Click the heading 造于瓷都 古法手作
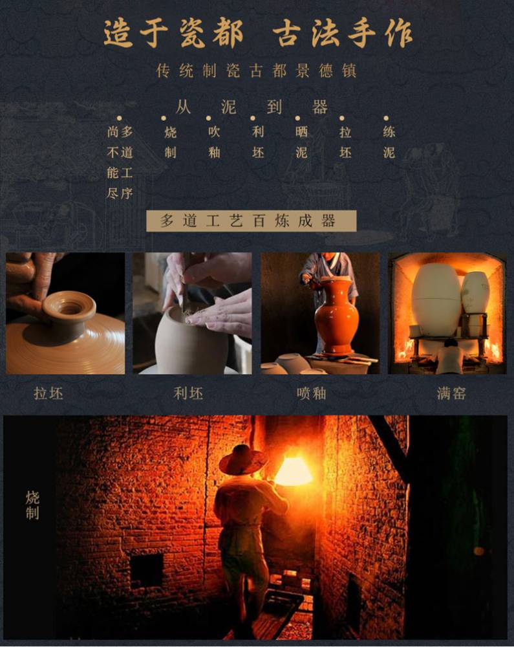click(x=257, y=33)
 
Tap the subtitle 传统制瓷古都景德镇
click(x=256, y=71)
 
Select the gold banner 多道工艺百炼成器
click(x=251, y=221)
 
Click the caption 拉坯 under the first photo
click(x=48, y=393)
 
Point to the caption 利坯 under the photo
click(x=188, y=393)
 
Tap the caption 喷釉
click(x=312, y=393)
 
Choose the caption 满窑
click(x=451, y=393)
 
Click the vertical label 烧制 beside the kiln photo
click(x=32, y=505)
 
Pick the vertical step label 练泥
click(x=389, y=142)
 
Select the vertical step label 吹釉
click(x=214, y=142)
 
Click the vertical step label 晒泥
click(x=301, y=142)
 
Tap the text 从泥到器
click(x=252, y=107)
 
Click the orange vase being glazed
click(x=336, y=316)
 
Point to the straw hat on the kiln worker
click(x=243, y=459)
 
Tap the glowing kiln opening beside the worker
click(x=293, y=470)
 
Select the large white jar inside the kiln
click(x=436, y=300)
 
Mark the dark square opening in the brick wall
click(x=147, y=571)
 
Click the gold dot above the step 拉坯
click(x=342, y=118)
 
